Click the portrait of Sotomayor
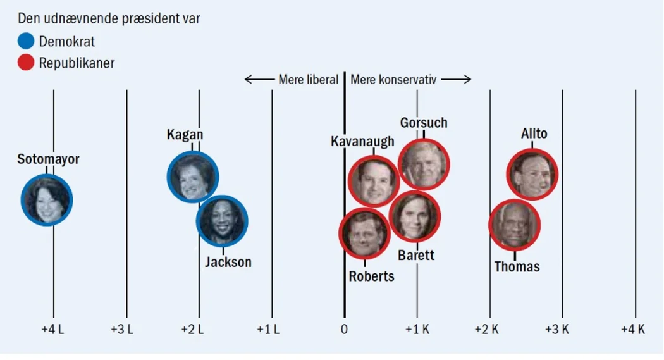47,199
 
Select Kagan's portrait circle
193,177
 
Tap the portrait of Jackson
222,221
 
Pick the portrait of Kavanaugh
374,181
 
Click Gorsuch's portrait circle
423,164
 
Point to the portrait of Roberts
365,233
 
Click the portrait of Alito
532,173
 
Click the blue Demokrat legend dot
27,42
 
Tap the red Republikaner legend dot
27,63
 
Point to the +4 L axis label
52,329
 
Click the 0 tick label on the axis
344,329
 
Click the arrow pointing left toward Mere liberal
258,80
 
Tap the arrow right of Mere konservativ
458,80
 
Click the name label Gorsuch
424,123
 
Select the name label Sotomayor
49,159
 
